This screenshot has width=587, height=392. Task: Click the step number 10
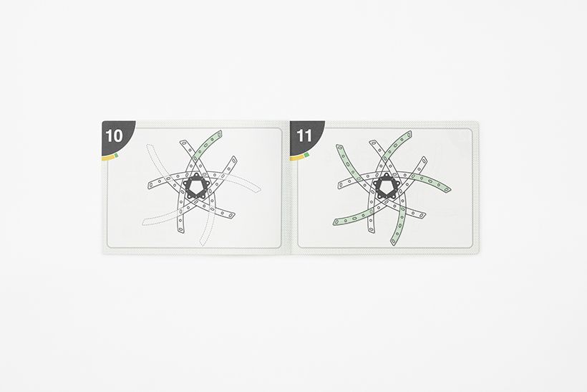(x=115, y=135)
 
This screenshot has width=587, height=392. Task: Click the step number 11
(x=304, y=135)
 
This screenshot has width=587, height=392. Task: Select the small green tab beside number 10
(x=117, y=154)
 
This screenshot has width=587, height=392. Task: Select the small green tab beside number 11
(x=306, y=154)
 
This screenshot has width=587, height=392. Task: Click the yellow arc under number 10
(x=109, y=158)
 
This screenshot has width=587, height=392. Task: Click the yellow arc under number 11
(x=298, y=158)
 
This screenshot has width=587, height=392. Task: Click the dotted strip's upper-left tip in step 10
(x=149, y=146)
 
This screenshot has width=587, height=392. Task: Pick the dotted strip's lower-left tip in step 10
(x=145, y=224)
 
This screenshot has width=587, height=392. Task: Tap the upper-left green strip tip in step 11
(x=339, y=146)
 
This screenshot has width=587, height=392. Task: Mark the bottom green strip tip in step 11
(x=393, y=242)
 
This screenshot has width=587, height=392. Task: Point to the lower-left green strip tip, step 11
(x=336, y=223)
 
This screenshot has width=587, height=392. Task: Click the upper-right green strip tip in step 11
(x=409, y=133)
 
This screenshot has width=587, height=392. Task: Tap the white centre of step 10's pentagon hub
(x=195, y=186)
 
